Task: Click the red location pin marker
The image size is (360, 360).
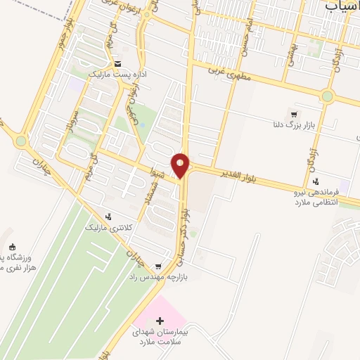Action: coord(181,165)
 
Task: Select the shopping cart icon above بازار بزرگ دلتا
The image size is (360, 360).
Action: coord(294,115)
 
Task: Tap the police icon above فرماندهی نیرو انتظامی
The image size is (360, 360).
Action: coord(316,180)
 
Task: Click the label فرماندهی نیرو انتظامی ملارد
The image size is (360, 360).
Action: coord(314,196)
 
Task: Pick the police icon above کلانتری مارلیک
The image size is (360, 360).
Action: coord(108,217)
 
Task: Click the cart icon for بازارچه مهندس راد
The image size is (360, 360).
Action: coord(158,266)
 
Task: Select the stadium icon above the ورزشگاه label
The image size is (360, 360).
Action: coord(12,247)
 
